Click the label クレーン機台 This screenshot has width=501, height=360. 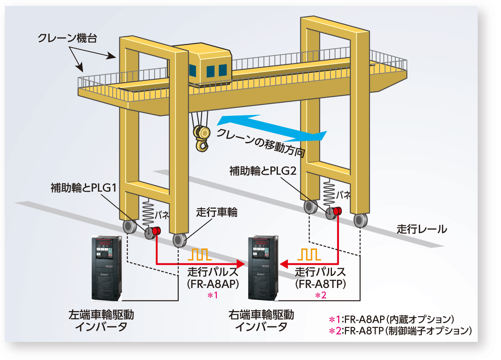(x=67, y=38)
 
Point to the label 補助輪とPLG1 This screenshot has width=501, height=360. (x=84, y=188)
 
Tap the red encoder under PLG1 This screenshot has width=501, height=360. (x=156, y=231)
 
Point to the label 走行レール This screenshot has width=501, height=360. (x=422, y=229)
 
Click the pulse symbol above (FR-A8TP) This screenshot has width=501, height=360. (x=309, y=254)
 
